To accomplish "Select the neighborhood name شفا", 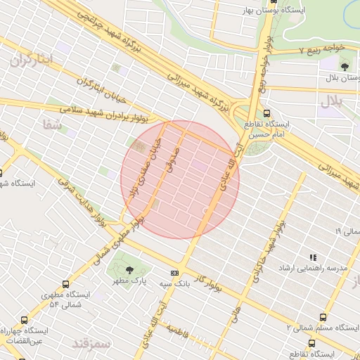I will (x=52, y=124).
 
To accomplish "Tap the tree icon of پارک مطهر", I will (x=128, y=269).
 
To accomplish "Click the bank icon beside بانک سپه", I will (x=174, y=273).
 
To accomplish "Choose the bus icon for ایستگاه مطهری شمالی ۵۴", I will (x=65, y=285).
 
